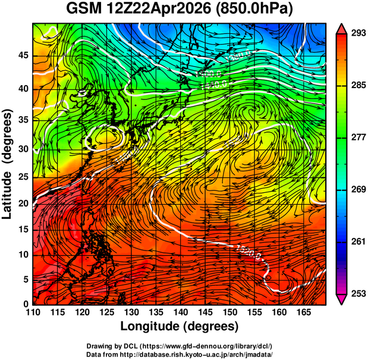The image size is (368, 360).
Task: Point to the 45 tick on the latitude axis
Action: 23,56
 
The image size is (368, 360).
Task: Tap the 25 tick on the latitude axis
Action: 23,178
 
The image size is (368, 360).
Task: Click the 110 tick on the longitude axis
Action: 33,312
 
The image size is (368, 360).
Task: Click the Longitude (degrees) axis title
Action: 180,326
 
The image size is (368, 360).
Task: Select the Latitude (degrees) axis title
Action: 8,164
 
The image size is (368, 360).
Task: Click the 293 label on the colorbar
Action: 356,34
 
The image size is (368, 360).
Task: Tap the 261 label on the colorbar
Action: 356,242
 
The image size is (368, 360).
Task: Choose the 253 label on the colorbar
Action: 356,293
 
